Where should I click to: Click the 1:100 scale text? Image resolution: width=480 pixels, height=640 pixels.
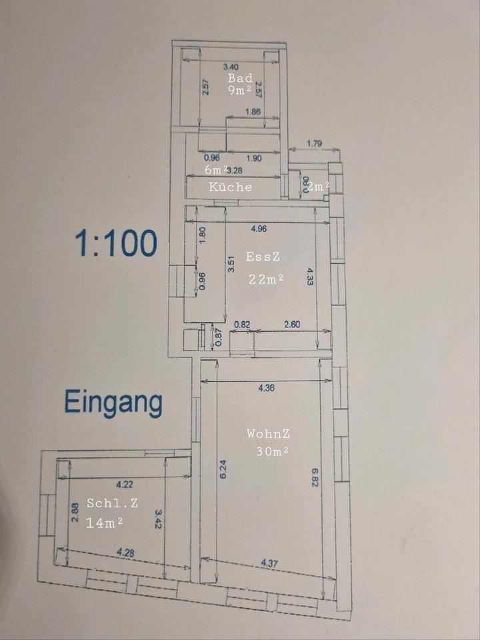[117, 244]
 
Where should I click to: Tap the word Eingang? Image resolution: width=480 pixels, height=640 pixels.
[113, 403]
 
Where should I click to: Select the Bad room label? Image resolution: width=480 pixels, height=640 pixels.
[240, 78]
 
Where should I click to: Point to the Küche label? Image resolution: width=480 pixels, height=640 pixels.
[231, 187]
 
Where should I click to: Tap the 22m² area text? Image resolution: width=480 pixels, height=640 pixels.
[266, 279]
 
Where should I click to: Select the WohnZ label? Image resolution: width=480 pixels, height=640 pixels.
[268, 433]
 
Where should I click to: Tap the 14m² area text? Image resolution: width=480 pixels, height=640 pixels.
[104, 523]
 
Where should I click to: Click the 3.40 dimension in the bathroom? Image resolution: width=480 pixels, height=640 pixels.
[230, 67]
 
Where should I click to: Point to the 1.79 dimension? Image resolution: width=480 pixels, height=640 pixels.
[314, 143]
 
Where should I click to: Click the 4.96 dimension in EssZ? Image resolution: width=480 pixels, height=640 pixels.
[261, 229]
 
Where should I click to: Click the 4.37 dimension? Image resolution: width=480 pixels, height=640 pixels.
[269, 564]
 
